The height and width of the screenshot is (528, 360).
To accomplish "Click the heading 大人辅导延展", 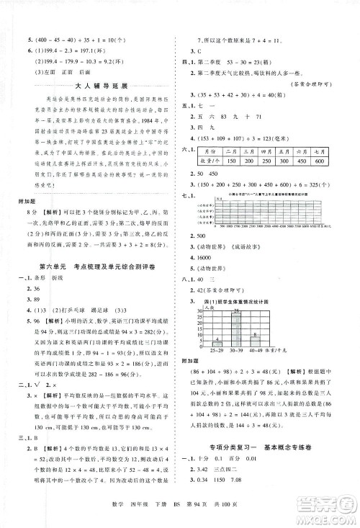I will point(89,86).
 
